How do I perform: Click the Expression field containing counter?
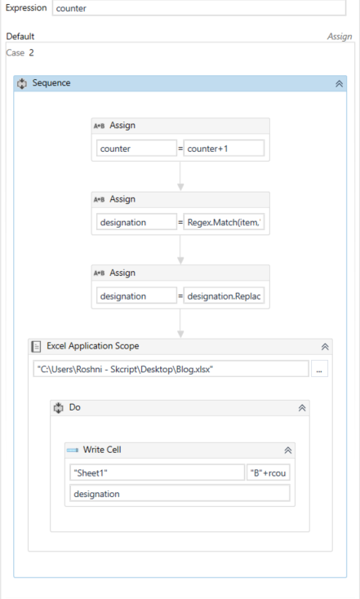(x=198, y=8)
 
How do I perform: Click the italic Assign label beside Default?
(x=340, y=37)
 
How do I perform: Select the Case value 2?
(x=31, y=53)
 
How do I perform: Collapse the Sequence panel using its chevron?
(x=339, y=84)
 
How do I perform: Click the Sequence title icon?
(x=22, y=83)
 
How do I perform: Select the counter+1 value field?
(x=224, y=149)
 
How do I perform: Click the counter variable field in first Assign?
(x=136, y=149)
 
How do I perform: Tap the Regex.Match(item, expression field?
(x=224, y=222)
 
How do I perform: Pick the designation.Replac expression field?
(x=224, y=296)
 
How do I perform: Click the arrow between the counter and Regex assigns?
(x=180, y=175)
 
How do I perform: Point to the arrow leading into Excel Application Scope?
(x=180, y=323)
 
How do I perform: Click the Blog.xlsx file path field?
(x=171, y=369)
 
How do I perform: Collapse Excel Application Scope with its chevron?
(x=325, y=347)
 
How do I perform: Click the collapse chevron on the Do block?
(x=302, y=408)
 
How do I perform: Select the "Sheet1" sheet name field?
(x=157, y=473)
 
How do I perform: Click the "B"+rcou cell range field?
(x=269, y=473)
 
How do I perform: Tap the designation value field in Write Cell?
(x=180, y=493)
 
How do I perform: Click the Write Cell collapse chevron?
(x=288, y=450)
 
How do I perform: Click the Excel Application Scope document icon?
(x=36, y=347)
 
